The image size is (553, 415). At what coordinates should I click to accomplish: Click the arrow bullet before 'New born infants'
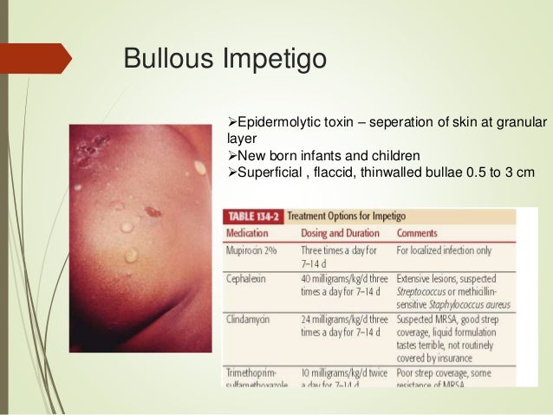click(230, 155)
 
